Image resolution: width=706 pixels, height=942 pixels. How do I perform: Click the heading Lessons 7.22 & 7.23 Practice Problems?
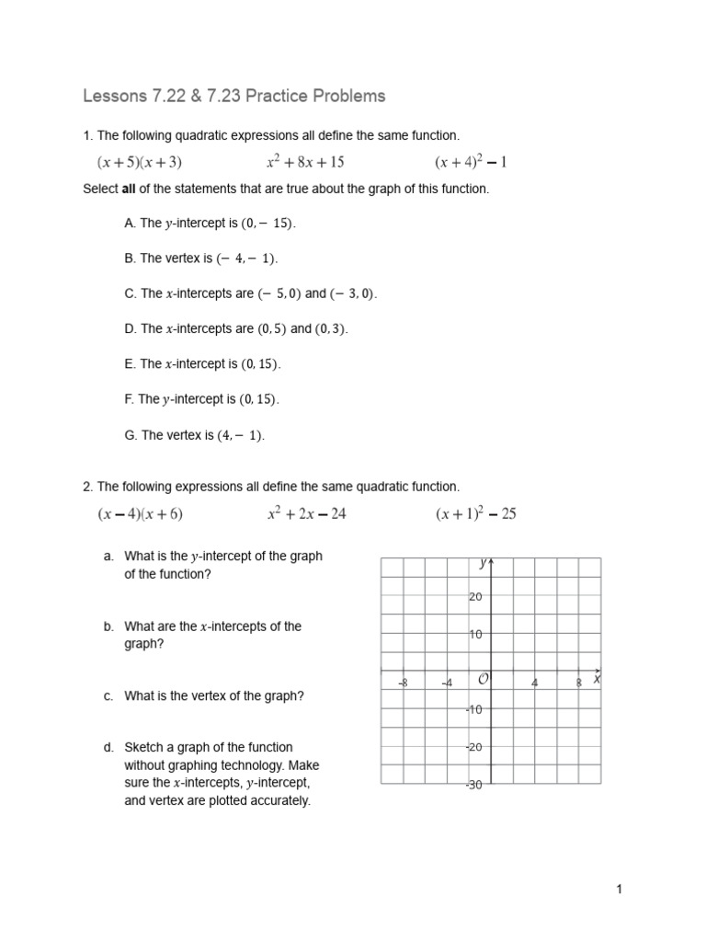point(234,96)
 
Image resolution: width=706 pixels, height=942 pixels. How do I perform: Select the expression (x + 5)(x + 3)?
point(140,163)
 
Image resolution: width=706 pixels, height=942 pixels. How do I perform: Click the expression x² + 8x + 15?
point(305,163)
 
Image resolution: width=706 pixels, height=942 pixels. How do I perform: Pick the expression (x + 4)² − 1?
point(471,163)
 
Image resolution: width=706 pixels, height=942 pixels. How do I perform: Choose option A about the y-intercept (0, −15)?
point(211,224)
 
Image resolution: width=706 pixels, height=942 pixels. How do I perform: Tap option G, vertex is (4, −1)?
point(194,435)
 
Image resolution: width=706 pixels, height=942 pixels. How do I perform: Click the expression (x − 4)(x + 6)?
point(140,514)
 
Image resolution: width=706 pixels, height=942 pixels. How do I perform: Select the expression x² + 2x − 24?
point(306,514)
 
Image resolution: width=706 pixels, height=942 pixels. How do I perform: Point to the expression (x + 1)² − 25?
point(475,514)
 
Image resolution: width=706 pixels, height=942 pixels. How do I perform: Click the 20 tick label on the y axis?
point(475,597)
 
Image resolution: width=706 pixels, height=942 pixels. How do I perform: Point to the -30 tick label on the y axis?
point(473,785)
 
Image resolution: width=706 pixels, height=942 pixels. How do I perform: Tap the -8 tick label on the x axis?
point(403,683)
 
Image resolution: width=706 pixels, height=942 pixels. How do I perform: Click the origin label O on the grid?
point(481,679)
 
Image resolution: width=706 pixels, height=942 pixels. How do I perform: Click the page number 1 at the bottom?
point(620,889)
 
